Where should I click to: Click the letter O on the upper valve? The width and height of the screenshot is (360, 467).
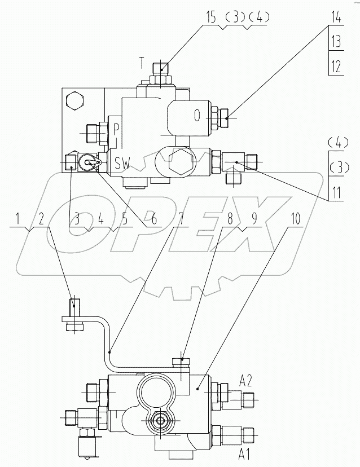197,116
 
